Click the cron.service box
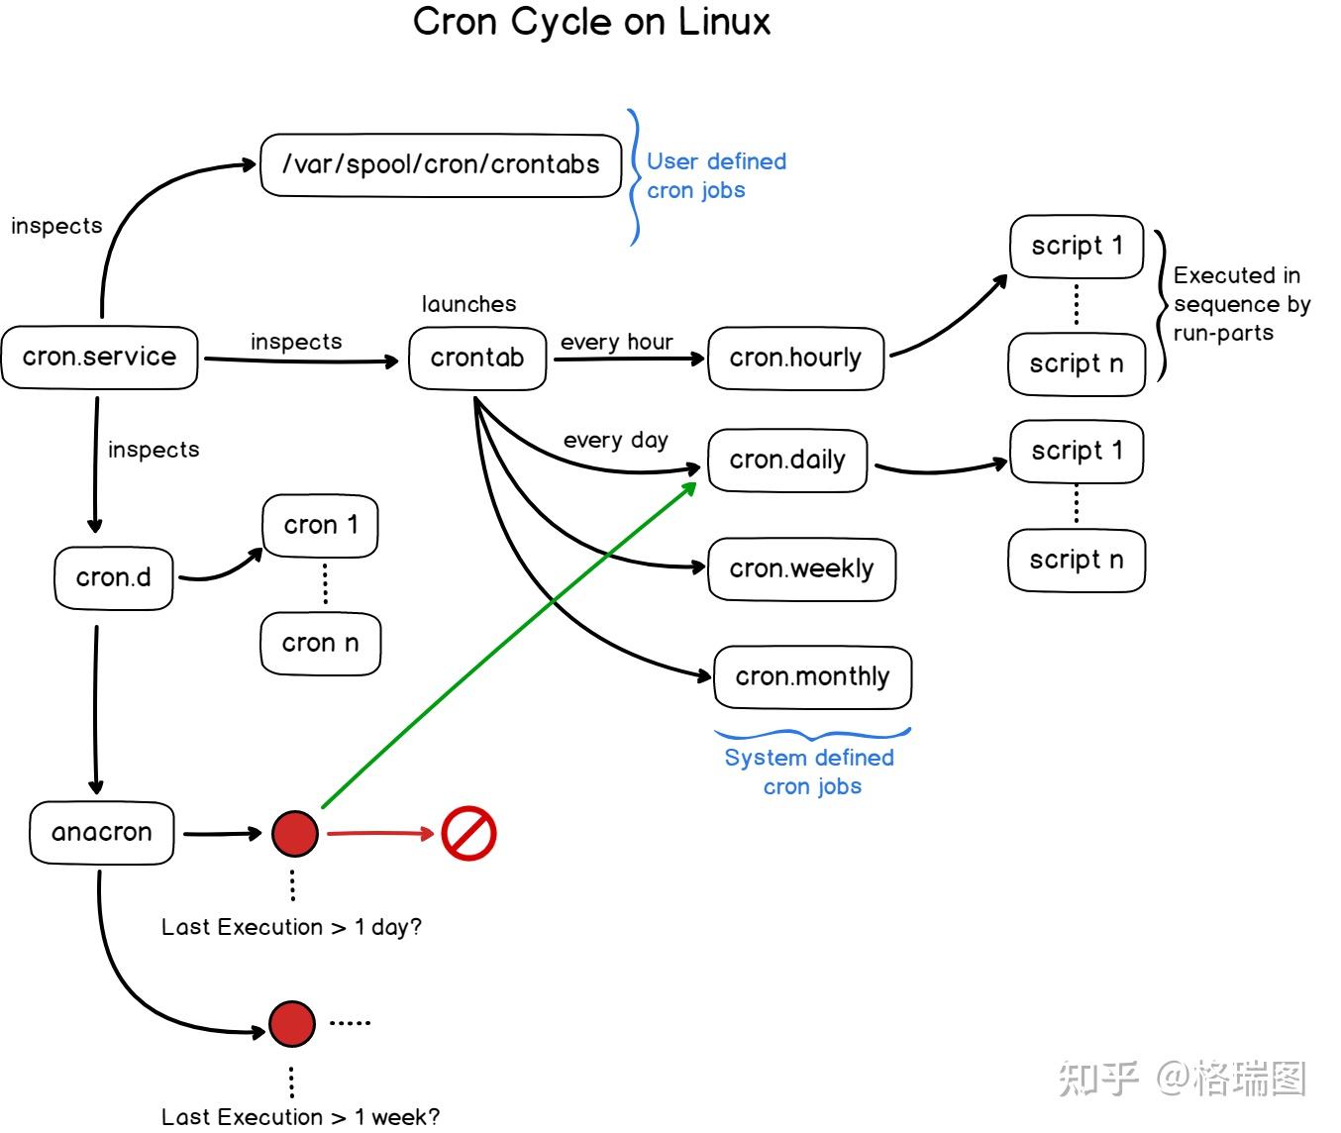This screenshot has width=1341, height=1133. (99, 358)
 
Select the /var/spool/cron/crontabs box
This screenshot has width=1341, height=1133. (441, 165)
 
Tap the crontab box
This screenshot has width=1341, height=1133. (477, 359)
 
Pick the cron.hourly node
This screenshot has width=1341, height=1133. (795, 359)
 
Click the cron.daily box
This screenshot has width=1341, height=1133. (787, 461)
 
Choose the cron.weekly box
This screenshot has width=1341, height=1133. (801, 569)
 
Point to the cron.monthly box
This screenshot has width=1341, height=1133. (812, 677)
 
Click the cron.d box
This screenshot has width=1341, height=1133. (114, 578)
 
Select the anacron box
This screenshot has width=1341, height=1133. (102, 833)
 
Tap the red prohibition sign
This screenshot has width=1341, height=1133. (468, 833)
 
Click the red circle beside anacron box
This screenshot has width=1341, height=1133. (295, 833)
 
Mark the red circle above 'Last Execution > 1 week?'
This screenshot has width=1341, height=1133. (292, 1024)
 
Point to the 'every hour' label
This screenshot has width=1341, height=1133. (616, 343)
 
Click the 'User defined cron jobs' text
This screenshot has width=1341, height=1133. (715, 176)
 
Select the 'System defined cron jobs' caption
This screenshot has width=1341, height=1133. (810, 772)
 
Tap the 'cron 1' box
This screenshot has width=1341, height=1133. (320, 526)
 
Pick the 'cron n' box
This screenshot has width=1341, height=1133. (320, 644)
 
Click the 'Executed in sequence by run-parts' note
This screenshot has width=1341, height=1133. (1241, 304)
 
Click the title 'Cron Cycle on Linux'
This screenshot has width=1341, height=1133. (591, 22)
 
